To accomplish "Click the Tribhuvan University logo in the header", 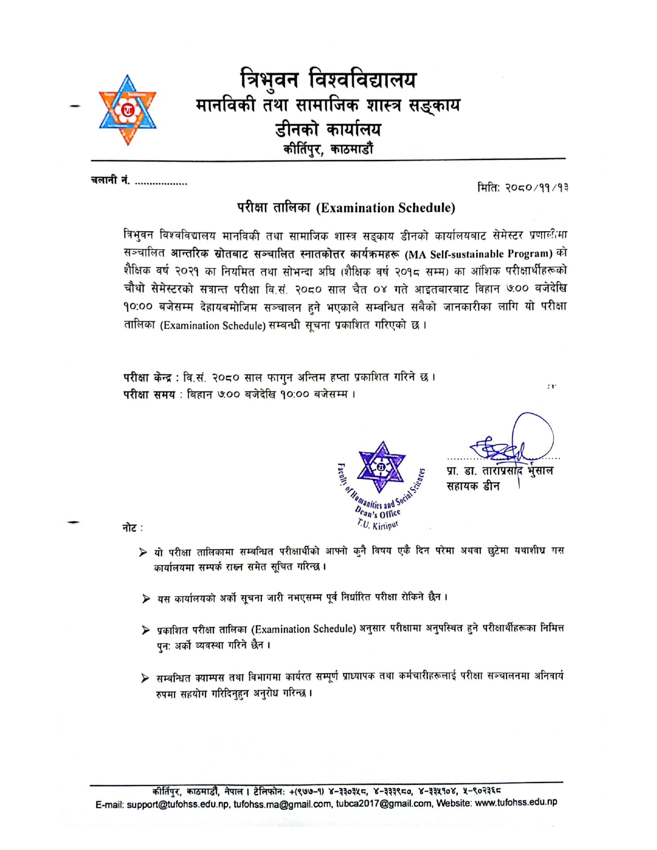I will click(127, 110).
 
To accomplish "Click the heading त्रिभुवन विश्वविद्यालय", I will click(328, 79).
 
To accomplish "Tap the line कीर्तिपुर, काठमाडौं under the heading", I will click(328, 149).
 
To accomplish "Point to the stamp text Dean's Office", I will click(378, 512).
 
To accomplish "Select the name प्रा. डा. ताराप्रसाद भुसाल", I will click(500, 471).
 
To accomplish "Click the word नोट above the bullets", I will click(130, 528).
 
